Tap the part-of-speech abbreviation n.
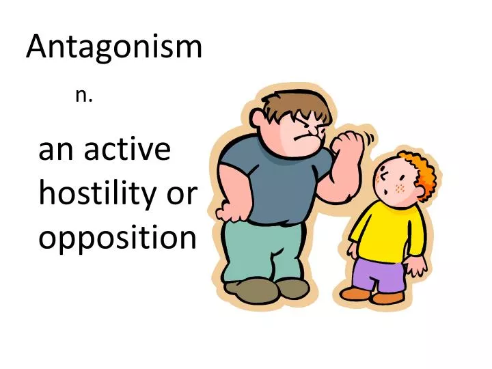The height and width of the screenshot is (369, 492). pos(84,96)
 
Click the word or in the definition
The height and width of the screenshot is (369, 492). pos(182,195)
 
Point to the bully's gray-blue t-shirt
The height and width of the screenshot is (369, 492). pos(273,184)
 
